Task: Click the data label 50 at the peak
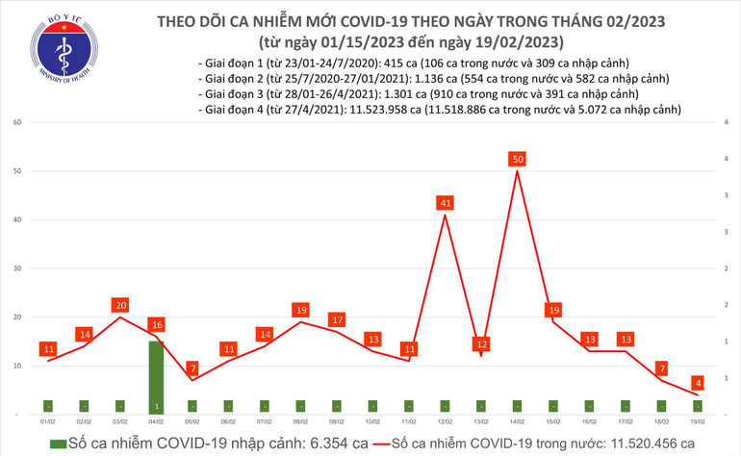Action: click(x=518, y=158)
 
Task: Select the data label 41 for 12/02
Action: click(x=445, y=203)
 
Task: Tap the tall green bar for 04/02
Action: click(x=156, y=376)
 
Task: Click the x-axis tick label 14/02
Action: click(x=518, y=421)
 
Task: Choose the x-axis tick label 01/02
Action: click(x=47, y=421)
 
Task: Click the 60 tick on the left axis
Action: click(x=17, y=123)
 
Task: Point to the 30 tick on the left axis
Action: click(x=17, y=268)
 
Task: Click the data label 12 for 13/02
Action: click(x=481, y=343)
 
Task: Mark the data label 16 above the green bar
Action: click(x=156, y=324)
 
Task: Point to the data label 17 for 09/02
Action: click(x=337, y=319)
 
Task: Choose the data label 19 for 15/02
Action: click(x=553, y=310)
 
